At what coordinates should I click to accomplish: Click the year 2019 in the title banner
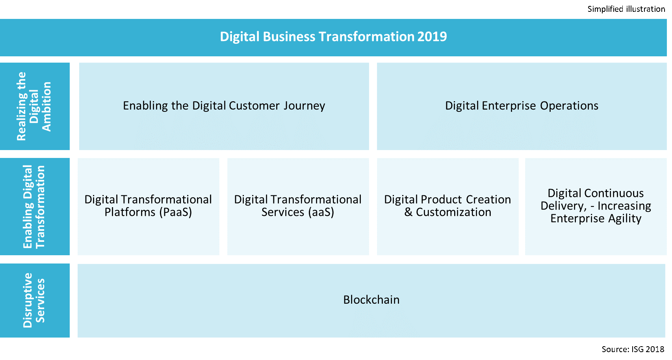tap(432, 37)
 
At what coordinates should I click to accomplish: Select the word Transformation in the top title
tap(366, 37)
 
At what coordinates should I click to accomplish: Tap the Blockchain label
tap(371, 300)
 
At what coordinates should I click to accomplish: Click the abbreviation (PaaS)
tap(176, 212)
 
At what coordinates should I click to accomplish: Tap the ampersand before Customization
tap(408, 212)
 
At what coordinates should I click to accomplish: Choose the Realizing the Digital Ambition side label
tap(34, 106)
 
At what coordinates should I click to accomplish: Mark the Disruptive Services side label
tap(34, 300)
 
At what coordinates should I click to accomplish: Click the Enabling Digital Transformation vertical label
tap(34, 206)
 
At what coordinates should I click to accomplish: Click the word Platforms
tap(130, 212)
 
